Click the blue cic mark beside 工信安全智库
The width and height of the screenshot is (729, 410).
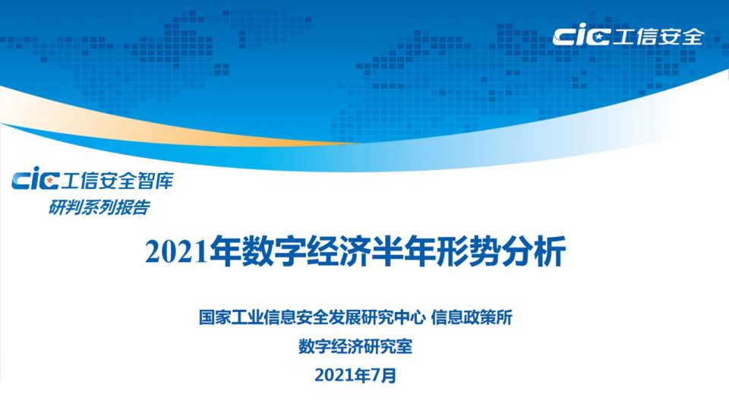36,181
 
